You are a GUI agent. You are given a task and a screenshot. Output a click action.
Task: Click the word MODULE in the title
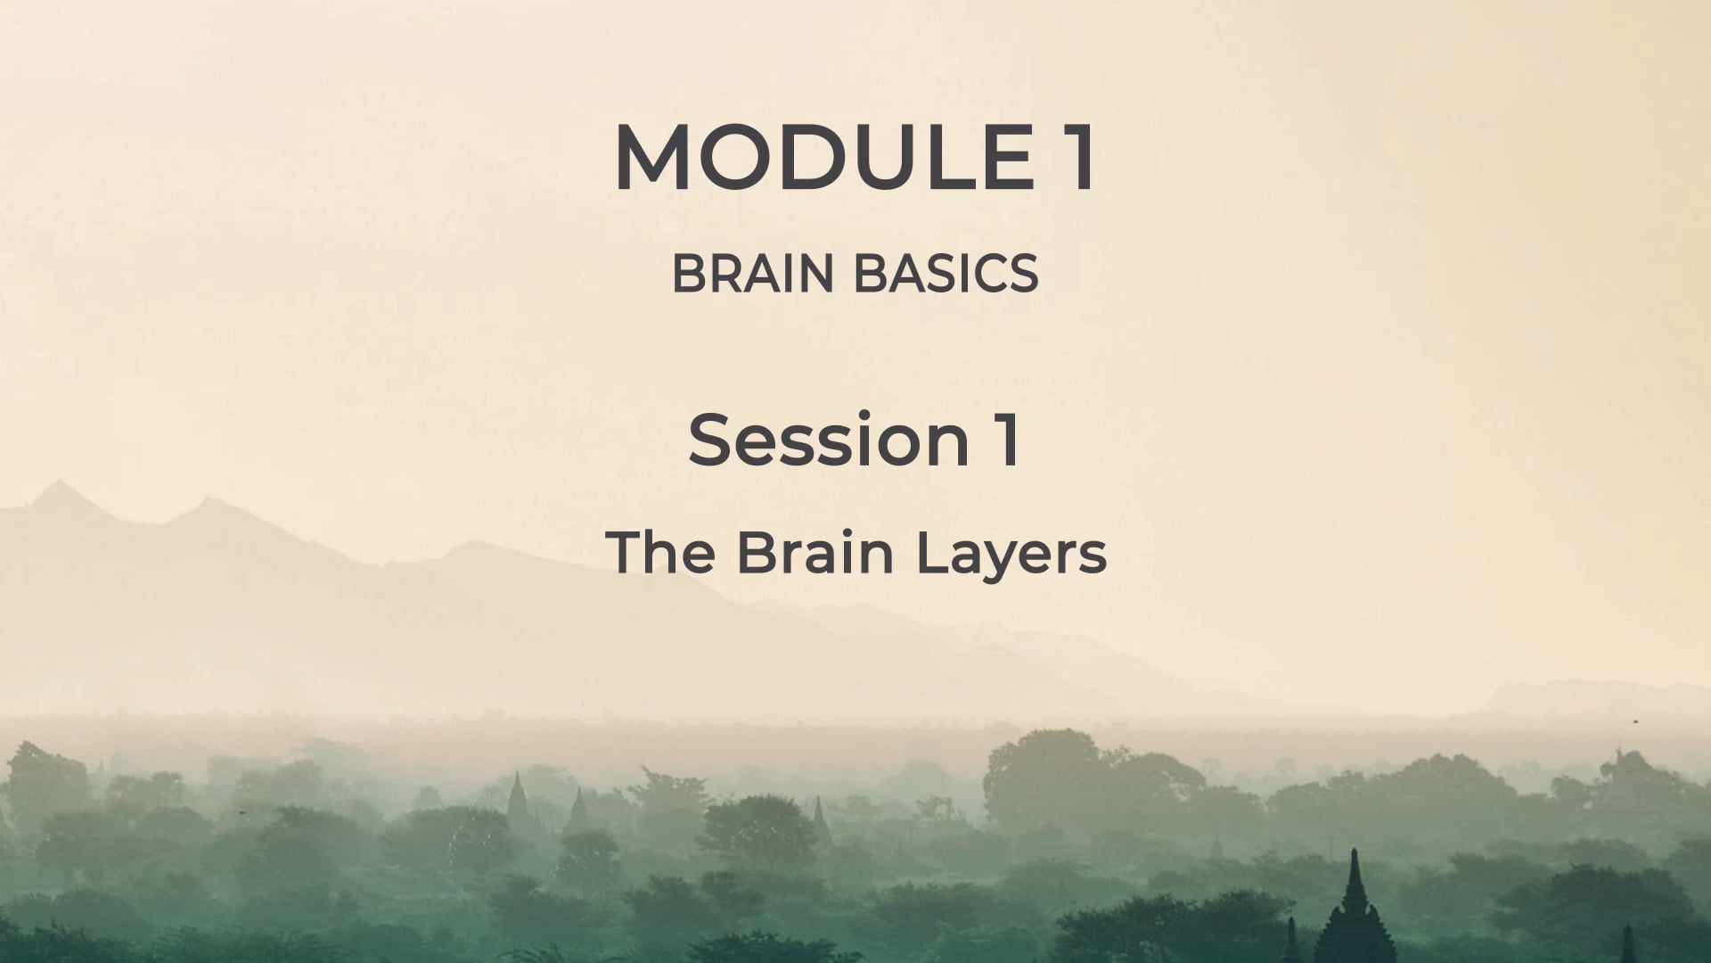823,158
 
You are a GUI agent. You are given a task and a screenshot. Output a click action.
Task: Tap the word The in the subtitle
660,552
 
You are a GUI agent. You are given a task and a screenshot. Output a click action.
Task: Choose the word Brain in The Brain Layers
815,552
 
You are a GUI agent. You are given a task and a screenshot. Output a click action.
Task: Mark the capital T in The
624,552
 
